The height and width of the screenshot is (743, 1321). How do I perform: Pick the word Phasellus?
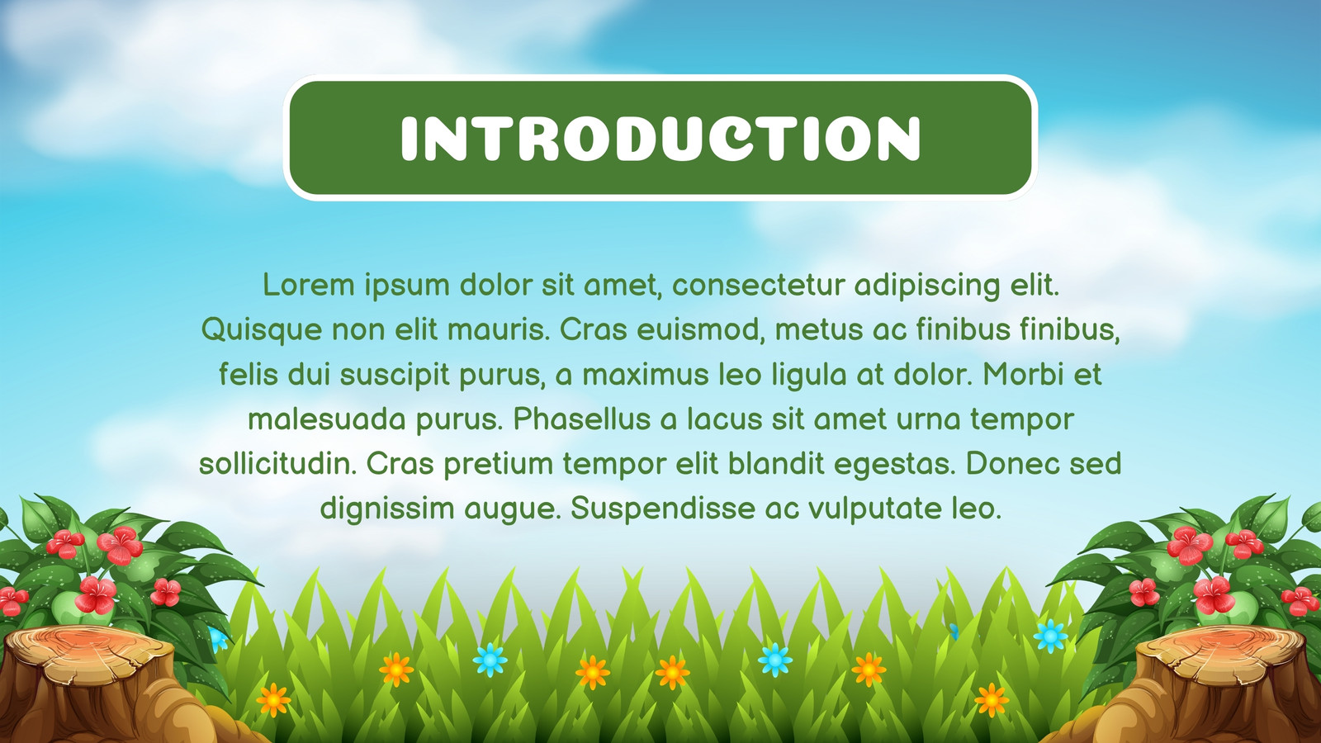pos(582,419)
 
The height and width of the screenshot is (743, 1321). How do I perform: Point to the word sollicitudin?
pos(278,463)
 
